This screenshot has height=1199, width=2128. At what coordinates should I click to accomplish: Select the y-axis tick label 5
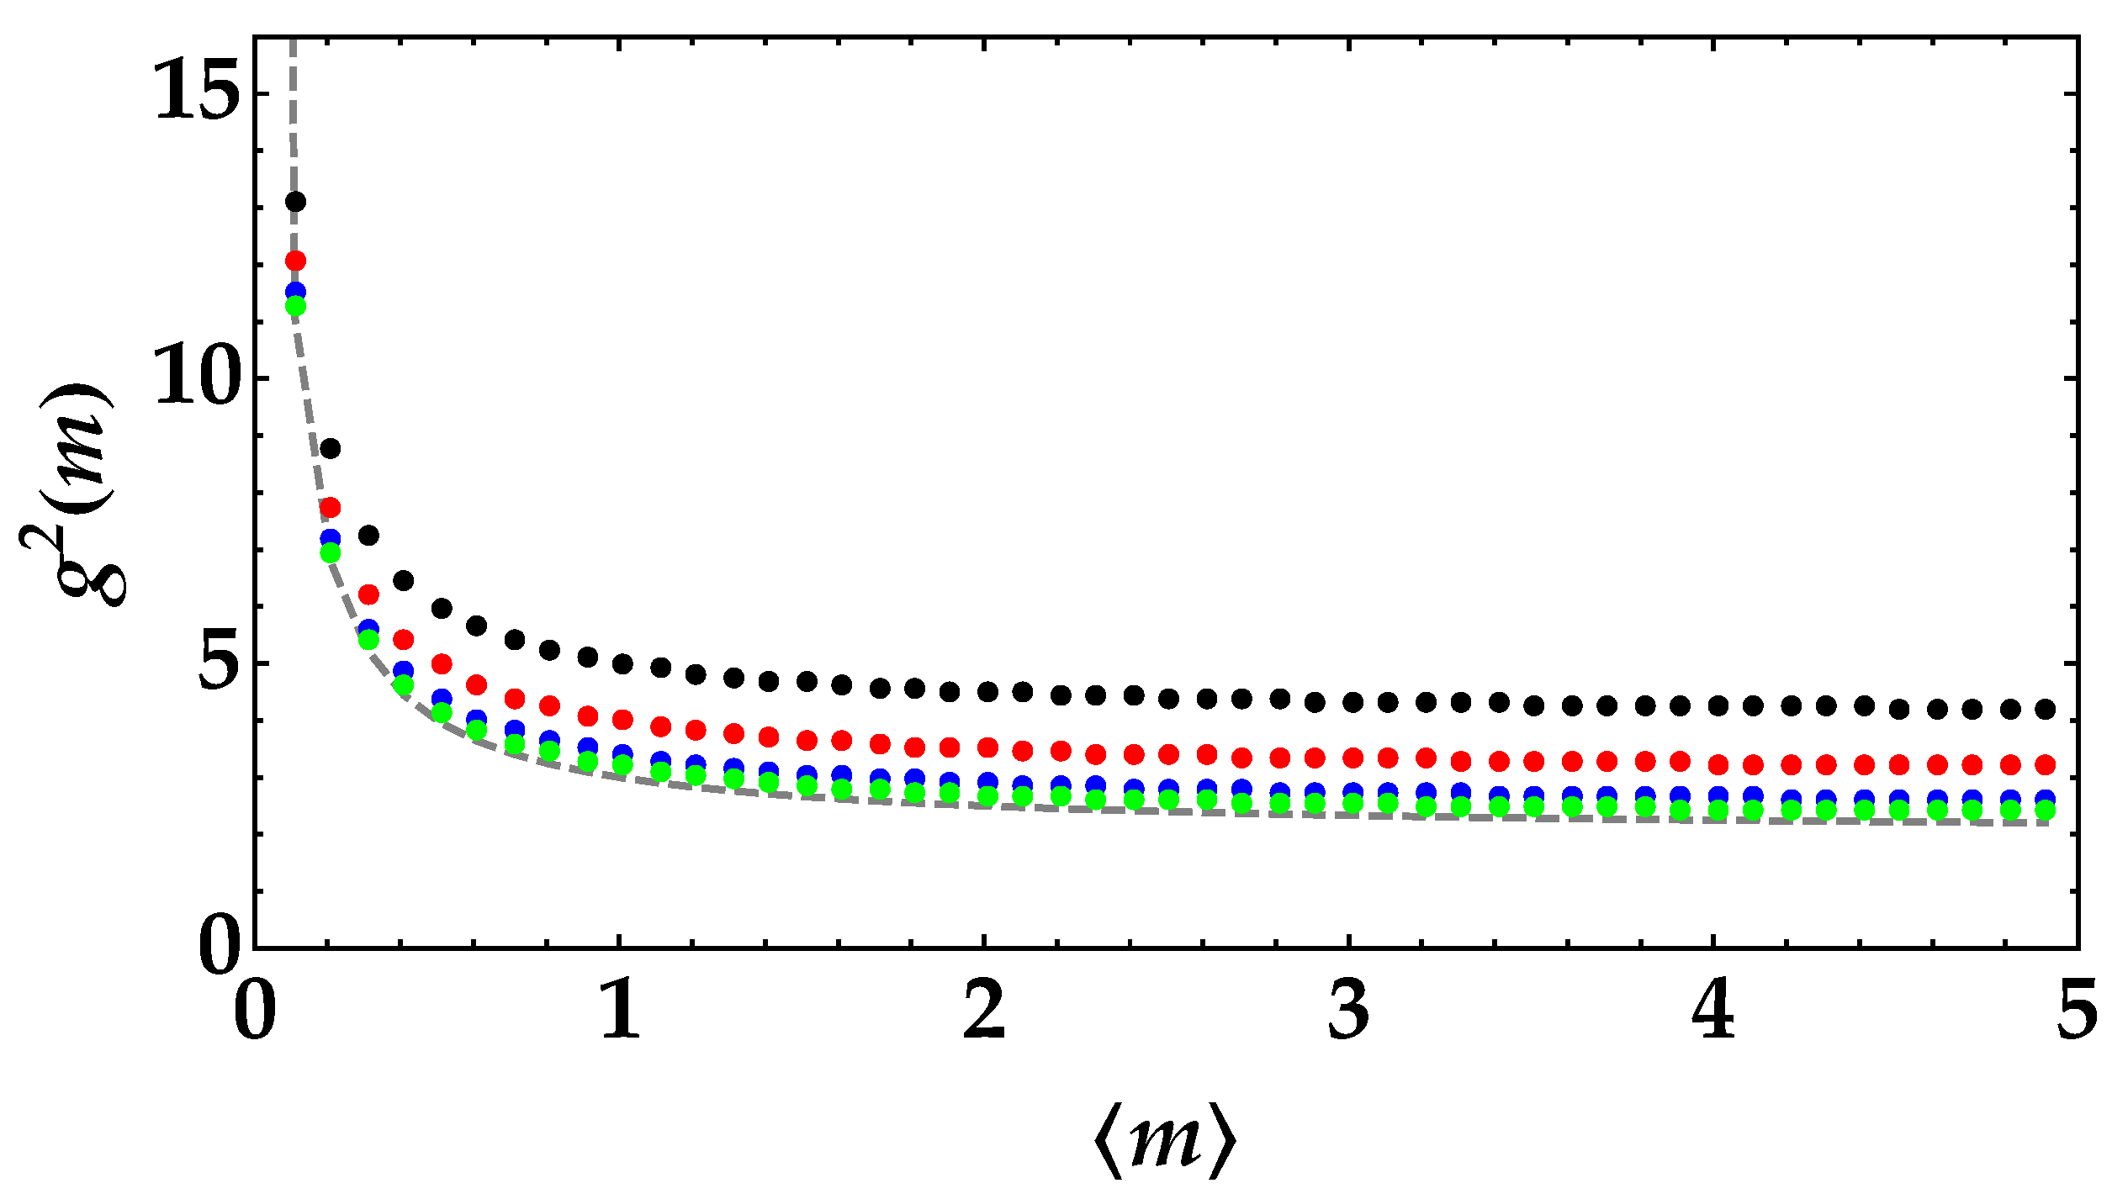coord(217,663)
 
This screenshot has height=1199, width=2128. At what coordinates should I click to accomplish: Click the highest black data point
coord(295,202)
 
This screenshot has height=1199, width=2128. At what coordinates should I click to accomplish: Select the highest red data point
coord(295,261)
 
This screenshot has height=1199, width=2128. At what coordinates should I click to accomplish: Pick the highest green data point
coord(295,306)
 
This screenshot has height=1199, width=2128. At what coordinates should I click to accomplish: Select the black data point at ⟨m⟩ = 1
coord(622,664)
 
